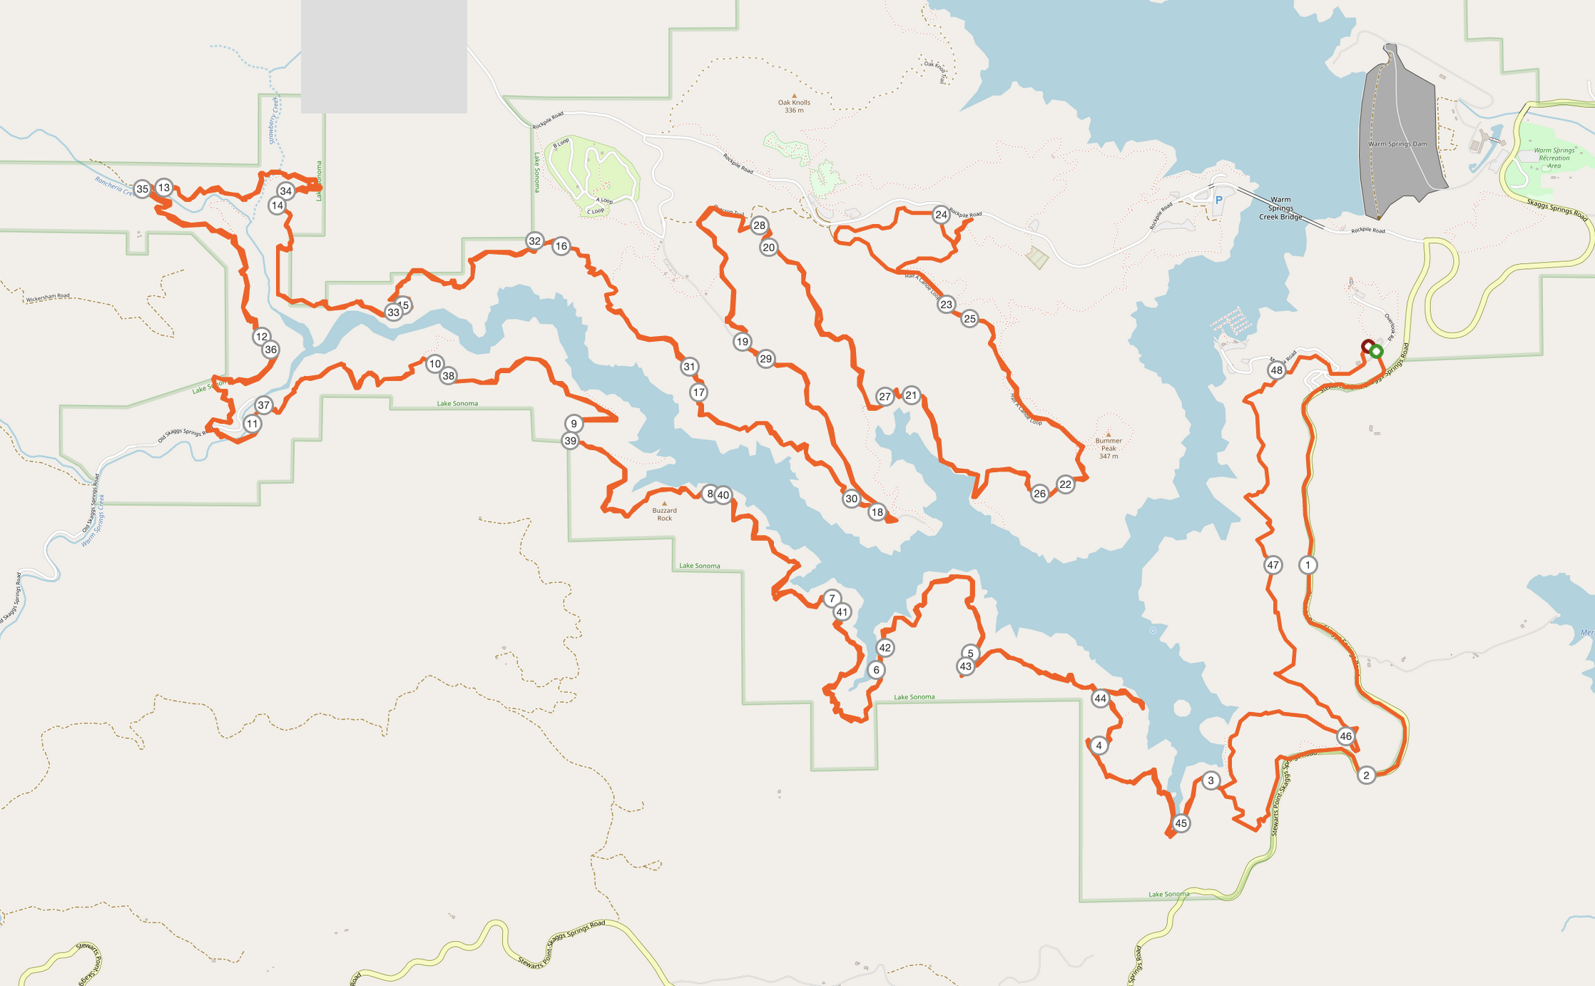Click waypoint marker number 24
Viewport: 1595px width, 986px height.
[941, 215]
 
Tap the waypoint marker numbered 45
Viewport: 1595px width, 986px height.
[1181, 823]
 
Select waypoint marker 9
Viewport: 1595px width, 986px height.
[574, 424]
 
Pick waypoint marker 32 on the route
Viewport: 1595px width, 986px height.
[534, 241]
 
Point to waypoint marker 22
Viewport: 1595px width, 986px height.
[1065, 484]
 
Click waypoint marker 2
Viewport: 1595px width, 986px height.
[1366, 776]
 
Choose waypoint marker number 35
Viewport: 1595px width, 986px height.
[143, 189]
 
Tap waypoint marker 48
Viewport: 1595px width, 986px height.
[1276, 370]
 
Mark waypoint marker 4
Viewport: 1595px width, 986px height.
[1099, 746]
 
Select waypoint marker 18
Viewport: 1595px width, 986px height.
[877, 512]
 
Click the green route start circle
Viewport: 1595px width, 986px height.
[1377, 352]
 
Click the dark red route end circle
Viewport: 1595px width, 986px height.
[1367, 347]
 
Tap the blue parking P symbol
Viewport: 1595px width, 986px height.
[1219, 200]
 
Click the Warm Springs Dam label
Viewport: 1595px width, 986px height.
[1397, 144]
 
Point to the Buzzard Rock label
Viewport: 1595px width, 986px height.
[664, 514]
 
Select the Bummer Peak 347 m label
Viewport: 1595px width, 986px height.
[1109, 448]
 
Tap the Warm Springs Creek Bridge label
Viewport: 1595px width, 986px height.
[1280, 208]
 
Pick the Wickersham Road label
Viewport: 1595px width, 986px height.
[48, 297]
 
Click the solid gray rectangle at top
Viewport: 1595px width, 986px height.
[384, 56]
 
